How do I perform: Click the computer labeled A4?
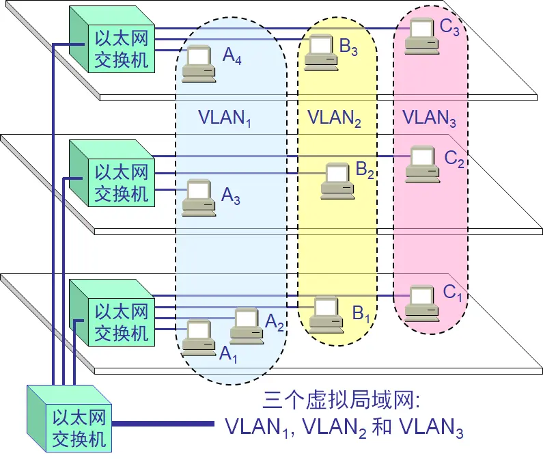coord(198,64)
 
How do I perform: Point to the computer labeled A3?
coord(199,198)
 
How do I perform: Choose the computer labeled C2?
coord(423,165)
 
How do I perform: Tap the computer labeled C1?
coord(421,303)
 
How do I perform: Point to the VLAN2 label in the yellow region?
coord(334,118)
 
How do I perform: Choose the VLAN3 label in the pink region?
coord(429,118)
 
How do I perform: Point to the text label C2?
coord(455,159)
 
